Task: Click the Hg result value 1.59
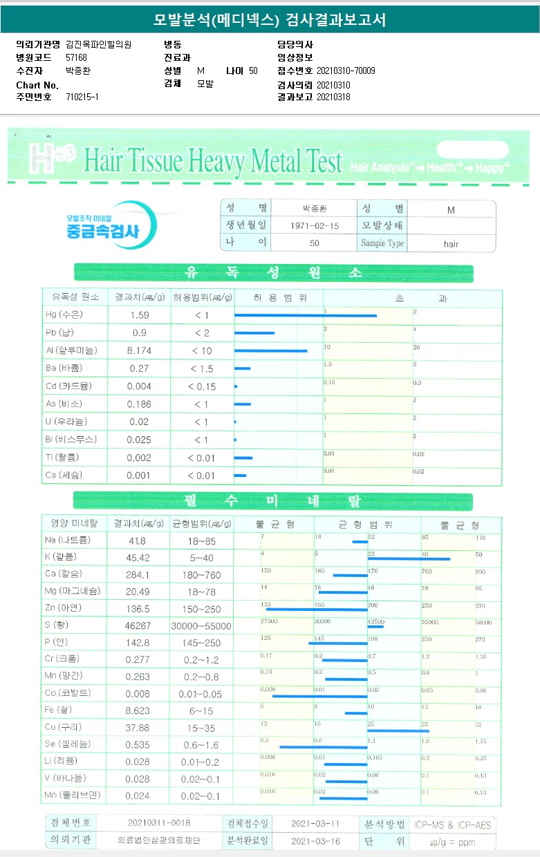tap(140, 315)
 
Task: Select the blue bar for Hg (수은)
tap(305, 316)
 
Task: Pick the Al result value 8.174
tap(140, 351)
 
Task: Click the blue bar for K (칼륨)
tap(409, 558)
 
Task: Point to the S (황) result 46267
tap(140, 625)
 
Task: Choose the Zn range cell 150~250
tap(201, 608)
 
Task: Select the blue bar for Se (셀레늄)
tap(323, 747)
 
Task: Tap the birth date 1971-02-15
tap(314, 226)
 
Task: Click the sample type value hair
tap(451, 244)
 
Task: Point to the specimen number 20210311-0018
tap(159, 823)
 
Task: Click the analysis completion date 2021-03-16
tap(315, 841)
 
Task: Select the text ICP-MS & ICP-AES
tap(453, 825)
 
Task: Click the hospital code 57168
tap(76, 58)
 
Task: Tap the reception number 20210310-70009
tap(346, 70)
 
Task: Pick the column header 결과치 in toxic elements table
tap(140, 297)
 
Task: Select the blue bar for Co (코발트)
tap(319, 696)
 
